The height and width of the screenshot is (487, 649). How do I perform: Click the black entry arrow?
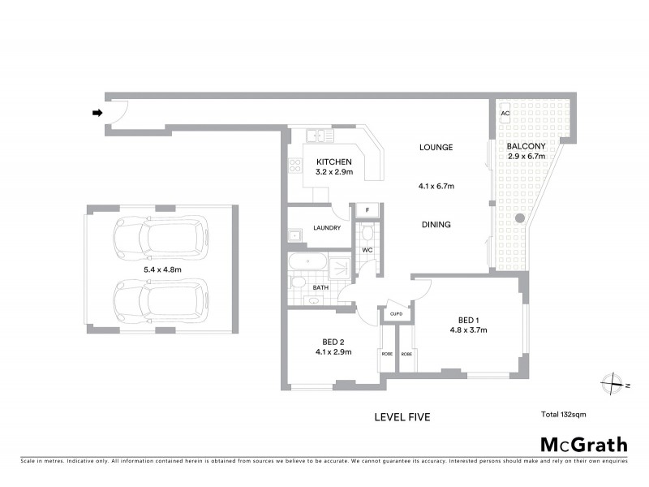pyautogui.click(x=98, y=114)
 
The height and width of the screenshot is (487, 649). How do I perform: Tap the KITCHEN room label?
pyautogui.click(x=333, y=162)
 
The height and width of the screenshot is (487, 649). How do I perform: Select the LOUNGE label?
pyautogui.click(x=436, y=147)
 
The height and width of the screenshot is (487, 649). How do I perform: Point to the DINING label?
pyautogui.click(x=436, y=225)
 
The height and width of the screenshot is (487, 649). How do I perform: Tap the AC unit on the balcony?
pyautogui.click(x=505, y=114)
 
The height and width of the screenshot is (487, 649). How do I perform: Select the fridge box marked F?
pyautogui.click(x=367, y=210)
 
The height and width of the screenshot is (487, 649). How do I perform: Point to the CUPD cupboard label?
pyautogui.click(x=397, y=313)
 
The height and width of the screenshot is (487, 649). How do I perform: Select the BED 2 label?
pyautogui.click(x=333, y=342)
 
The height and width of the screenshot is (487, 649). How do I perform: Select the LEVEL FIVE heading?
pyautogui.click(x=402, y=417)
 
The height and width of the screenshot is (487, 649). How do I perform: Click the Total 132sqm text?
pyautogui.click(x=563, y=415)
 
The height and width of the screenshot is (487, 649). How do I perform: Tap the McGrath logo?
pyautogui.click(x=583, y=444)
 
